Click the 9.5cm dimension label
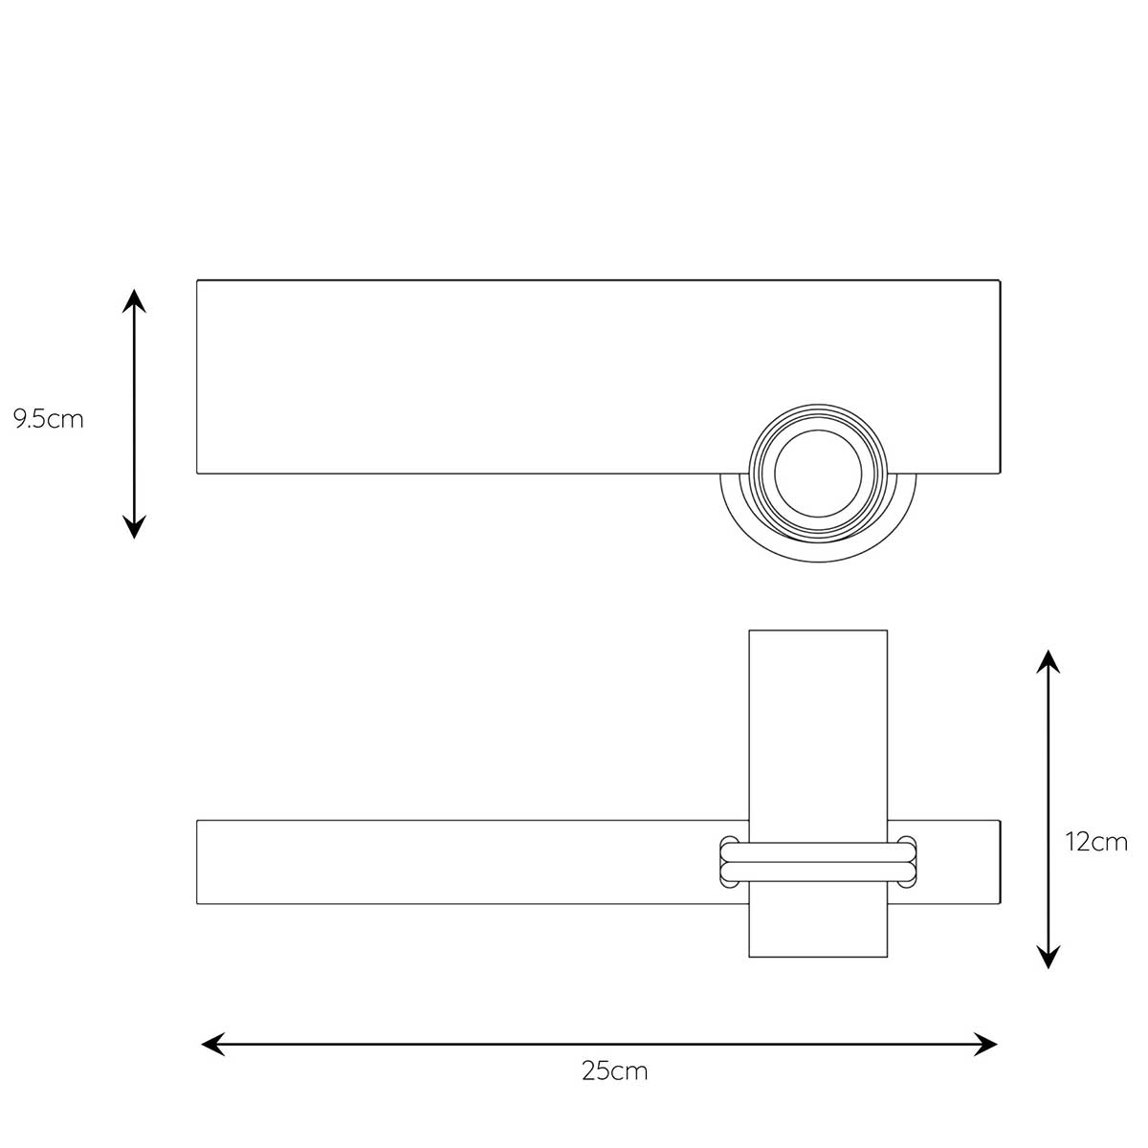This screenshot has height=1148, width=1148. [x=48, y=419]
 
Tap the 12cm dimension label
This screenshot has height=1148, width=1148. [x=1096, y=842]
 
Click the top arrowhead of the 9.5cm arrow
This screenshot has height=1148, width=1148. [x=134, y=300]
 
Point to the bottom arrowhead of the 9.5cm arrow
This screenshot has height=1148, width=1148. [x=134, y=527]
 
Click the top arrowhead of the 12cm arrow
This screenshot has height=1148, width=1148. [x=1048, y=661]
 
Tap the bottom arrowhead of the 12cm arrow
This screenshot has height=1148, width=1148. [x=1048, y=957]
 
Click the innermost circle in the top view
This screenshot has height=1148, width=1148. [x=818, y=430]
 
